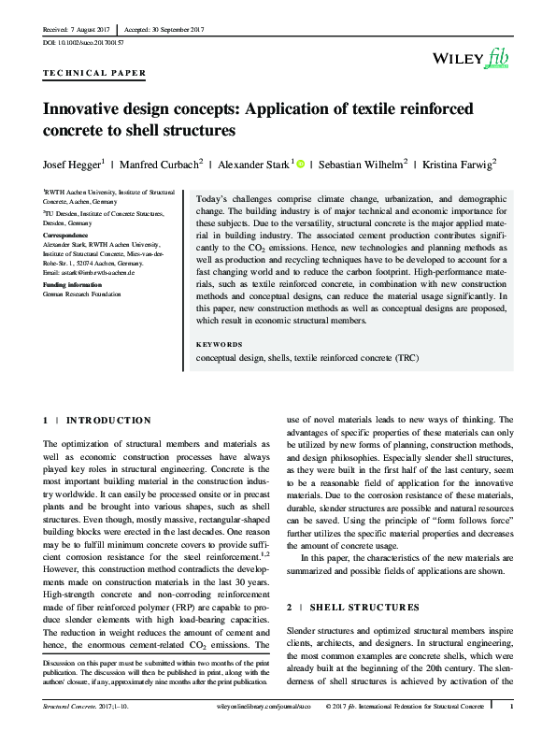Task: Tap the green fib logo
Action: tap(497, 60)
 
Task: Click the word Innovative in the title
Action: tap(81, 108)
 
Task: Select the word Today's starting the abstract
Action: tap(214, 200)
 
